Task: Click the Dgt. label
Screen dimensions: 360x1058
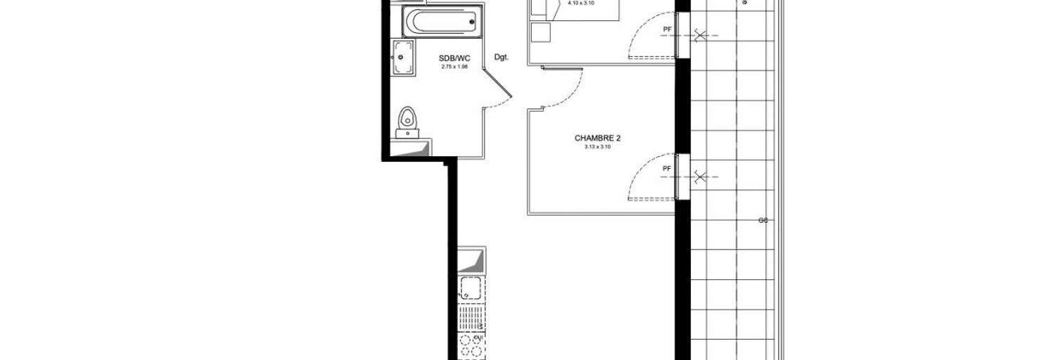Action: click(501, 56)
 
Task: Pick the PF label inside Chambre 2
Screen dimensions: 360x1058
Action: click(666, 169)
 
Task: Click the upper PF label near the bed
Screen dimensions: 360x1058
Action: click(666, 30)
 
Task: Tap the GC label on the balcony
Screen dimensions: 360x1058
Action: click(763, 221)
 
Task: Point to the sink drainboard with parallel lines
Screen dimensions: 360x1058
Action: click(470, 315)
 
